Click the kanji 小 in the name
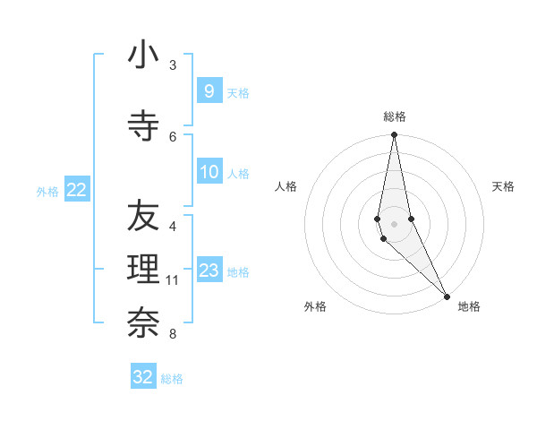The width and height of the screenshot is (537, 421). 143,56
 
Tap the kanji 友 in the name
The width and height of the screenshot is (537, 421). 143,216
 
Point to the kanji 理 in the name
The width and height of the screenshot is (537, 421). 143,269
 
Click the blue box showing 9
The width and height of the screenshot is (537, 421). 209,91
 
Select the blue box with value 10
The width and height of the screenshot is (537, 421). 209,172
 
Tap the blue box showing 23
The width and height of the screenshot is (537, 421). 209,271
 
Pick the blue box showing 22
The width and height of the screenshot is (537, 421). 76,190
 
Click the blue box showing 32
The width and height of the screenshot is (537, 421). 143,377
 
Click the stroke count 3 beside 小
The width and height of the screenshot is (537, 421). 173,65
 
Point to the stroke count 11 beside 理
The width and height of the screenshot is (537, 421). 173,280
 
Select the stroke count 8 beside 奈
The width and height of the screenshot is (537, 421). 173,334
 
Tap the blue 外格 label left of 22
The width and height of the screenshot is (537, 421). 47,191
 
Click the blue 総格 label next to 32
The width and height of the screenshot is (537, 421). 172,378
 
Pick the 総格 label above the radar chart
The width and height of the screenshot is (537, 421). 394,116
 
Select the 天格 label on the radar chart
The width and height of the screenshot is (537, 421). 503,186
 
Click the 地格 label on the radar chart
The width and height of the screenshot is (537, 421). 469,306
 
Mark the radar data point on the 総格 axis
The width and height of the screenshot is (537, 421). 394,135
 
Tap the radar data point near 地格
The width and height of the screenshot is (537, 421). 447,296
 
